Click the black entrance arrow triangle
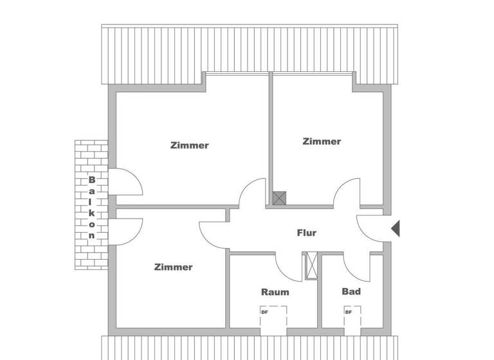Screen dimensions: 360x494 pyautogui.click(x=396, y=228)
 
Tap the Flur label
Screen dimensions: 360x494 pyautogui.click(x=306, y=233)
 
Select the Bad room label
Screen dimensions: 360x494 pyautogui.click(x=351, y=291)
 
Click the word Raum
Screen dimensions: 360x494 pyautogui.click(x=275, y=292)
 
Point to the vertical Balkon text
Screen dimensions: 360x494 pyautogui.click(x=92, y=207)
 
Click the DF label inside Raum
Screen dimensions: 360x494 pyautogui.click(x=264, y=312)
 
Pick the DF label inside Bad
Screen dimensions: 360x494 pyautogui.click(x=348, y=312)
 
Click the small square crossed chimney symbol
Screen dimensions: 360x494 pyautogui.click(x=279, y=198)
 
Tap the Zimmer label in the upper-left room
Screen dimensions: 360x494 pyautogui.click(x=190, y=145)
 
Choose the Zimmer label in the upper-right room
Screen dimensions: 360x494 pyautogui.click(x=322, y=141)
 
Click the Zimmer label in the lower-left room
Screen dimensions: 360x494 pyautogui.click(x=173, y=267)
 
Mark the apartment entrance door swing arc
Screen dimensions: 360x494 pyautogui.click(x=370, y=228)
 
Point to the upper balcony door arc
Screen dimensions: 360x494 pyautogui.click(x=126, y=182)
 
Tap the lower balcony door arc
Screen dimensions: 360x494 pyautogui.click(x=126, y=231)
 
